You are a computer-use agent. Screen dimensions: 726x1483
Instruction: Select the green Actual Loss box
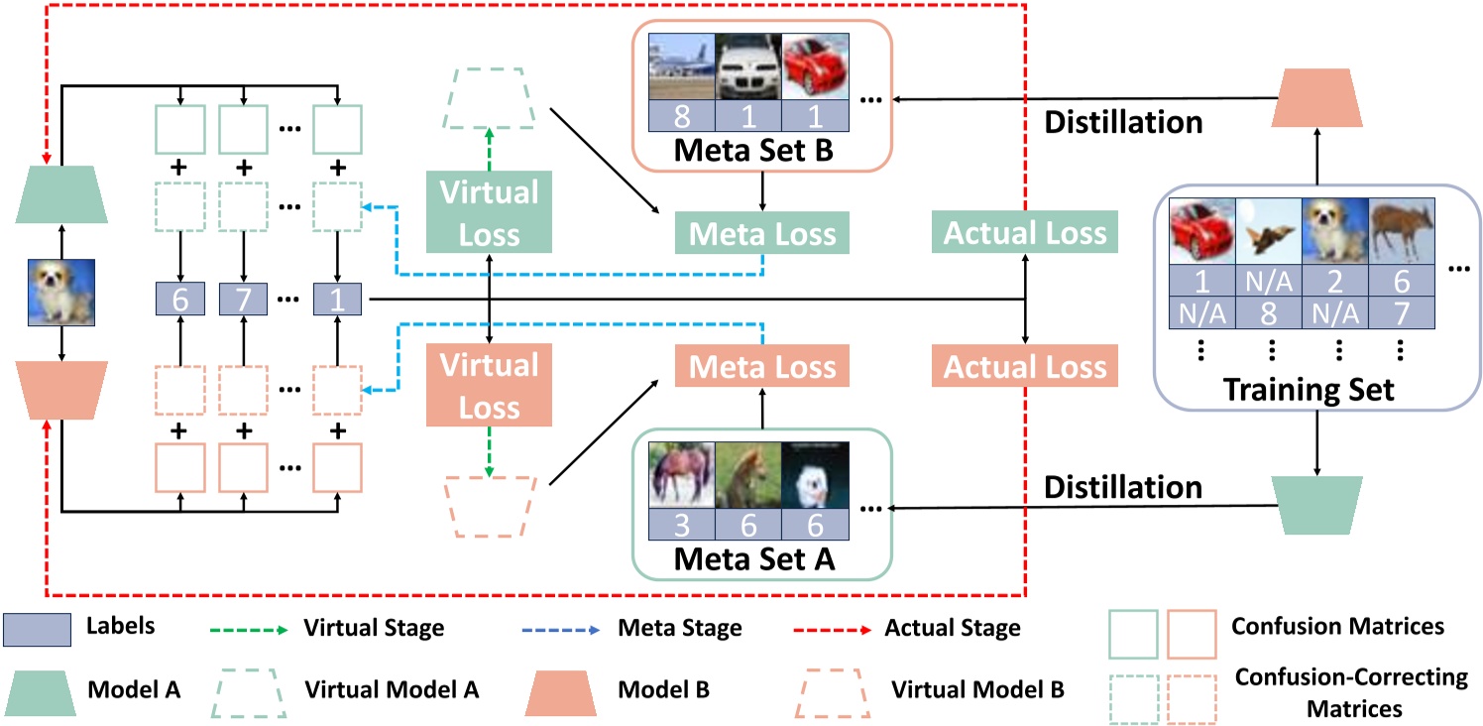pyautogui.click(x=1024, y=234)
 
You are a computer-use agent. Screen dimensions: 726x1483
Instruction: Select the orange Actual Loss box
pyautogui.click(x=1024, y=367)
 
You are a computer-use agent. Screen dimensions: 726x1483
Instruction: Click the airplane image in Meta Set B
pyautogui.click(x=680, y=69)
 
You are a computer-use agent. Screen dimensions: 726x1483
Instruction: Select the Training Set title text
pyautogui.click(x=1307, y=389)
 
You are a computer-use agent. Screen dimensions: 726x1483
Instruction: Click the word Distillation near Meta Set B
pyautogui.click(x=1124, y=122)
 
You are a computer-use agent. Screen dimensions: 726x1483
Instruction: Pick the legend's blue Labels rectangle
pyautogui.click(x=37, y=629)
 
